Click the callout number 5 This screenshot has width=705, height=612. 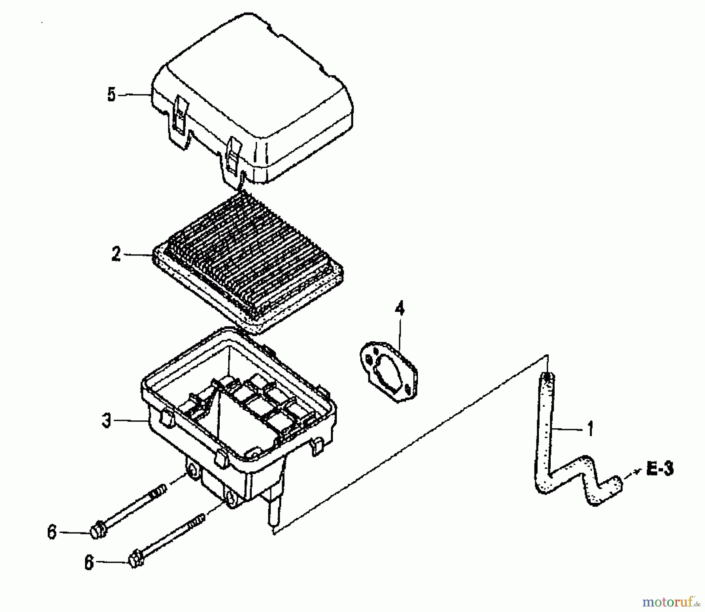coord(112,95)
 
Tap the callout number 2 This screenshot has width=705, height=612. coord(116,254)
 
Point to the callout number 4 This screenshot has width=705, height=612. coord(399,309)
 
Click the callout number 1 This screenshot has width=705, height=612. coord(591,429)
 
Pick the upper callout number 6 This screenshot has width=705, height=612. coord(52,532)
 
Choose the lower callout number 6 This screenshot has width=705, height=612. coord(89,563)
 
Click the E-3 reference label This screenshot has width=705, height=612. coord(660,469)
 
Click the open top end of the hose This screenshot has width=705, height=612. coord(548,377)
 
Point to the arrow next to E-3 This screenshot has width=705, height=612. coord(633,473)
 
